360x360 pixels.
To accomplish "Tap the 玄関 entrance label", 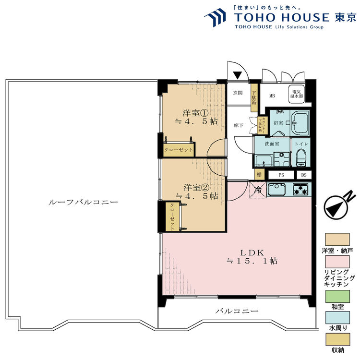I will (238, 93).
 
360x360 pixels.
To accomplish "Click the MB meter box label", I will (272, 96).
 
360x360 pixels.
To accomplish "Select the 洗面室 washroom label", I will (271, 144).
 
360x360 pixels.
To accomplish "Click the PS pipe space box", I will (281, 175).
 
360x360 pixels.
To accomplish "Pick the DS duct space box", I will (304, 175).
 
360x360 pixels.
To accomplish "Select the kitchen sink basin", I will (277, 190).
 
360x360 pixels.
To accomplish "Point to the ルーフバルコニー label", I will (84, 203).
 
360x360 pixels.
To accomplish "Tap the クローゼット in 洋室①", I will (179, 149).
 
